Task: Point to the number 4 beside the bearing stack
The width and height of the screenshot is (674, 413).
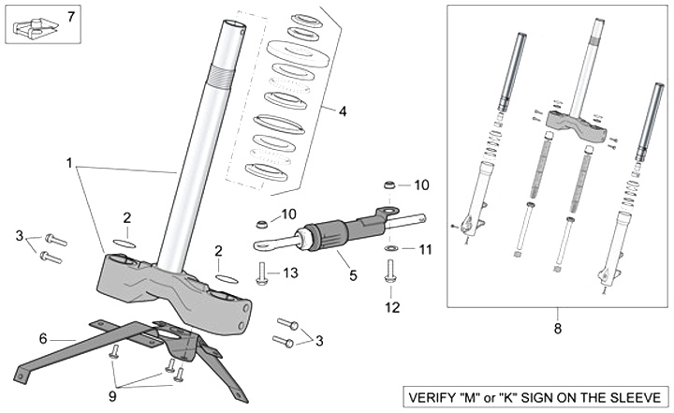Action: pyautogui.click(x=343, y=111)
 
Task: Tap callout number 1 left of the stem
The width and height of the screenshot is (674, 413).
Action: pyautogui.click(x=69, y=163)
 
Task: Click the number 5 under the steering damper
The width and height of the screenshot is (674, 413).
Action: pyautogui.click(x=353, y=275)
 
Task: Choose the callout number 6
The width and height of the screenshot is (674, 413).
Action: pyautogui.click(x=43, y=338)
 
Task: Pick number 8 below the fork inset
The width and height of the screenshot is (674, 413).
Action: pyautogui.click(x=559, y=329)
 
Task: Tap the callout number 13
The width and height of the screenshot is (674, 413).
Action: pyautogui.click(x=290, y=273)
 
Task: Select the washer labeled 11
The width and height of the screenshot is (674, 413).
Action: pyautogui.click(x=390, y=250)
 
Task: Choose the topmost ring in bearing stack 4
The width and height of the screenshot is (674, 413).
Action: pyautogui.click(x=307, y=20)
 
